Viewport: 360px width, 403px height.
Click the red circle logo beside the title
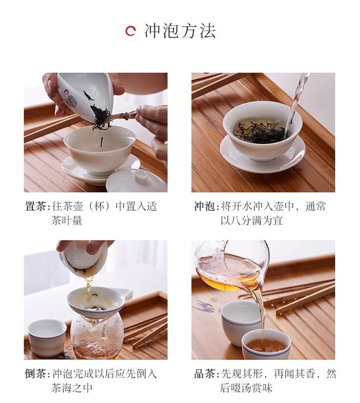tap(130, 31)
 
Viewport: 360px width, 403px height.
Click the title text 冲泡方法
tap(180, 31)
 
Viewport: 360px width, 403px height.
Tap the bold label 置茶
tap(35, 207)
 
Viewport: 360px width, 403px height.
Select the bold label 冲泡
tap(204, 207)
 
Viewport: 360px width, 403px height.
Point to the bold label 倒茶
tap(35, 374)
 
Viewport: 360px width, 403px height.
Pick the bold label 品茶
tap(204, 374)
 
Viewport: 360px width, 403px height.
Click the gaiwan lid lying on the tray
tap(136, 181)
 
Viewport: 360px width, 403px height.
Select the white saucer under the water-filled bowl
tap(263, 154)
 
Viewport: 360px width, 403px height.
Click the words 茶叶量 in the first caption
tap(67, 220)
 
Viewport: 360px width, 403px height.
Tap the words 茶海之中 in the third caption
tap(72, 388)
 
